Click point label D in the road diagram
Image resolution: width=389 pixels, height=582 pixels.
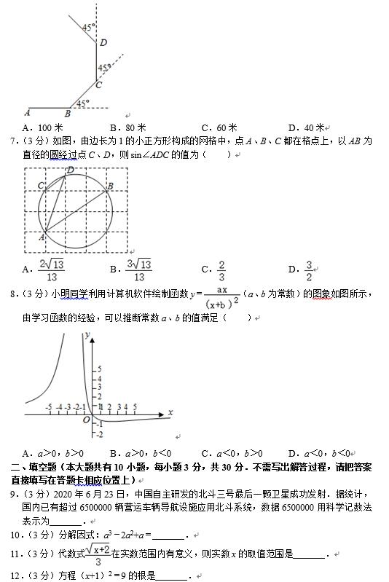103,42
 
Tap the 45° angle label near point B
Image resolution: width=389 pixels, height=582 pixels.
83,103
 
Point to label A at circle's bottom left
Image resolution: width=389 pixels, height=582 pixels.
42,237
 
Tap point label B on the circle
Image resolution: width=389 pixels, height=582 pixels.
109,186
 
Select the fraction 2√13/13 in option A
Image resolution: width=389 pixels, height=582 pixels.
52,270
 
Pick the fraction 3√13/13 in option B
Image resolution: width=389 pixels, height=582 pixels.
139,270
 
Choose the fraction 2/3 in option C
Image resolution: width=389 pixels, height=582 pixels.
221,270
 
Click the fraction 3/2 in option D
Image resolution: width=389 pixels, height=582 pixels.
309,270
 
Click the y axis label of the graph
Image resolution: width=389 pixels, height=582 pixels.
87,334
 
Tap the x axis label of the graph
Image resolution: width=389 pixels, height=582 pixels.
170,412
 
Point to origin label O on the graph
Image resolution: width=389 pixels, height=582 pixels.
85,420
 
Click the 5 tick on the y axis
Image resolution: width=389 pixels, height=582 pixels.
101,369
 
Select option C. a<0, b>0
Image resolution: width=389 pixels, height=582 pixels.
232,452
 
